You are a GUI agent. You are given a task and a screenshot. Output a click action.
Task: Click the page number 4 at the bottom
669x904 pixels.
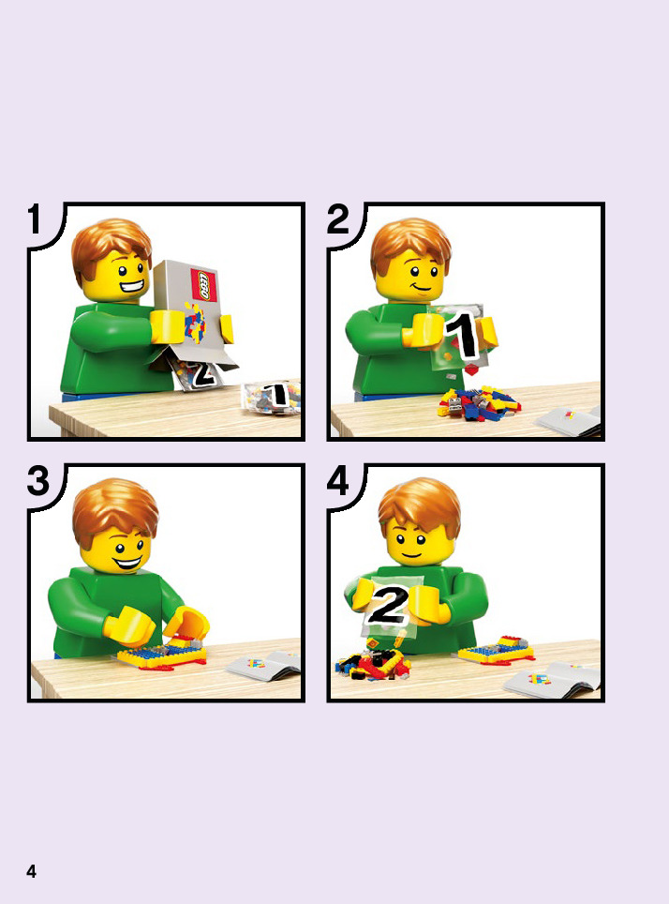[31, 870]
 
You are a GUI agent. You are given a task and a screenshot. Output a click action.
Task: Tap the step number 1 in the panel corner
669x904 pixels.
[35, 219]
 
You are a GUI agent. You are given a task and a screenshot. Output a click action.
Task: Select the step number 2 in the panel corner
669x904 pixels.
[337, 219]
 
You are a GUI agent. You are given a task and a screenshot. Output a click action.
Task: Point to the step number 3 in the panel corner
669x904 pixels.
[38, 481]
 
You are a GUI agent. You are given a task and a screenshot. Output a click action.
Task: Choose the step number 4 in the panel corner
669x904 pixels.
[337, 481]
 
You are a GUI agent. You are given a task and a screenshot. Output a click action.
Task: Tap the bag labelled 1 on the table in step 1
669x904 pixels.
[271, 397]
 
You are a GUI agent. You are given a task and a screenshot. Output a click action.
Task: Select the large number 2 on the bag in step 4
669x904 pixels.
[387, 606]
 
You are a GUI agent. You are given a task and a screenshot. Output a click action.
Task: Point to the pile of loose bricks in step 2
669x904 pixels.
[478, 402]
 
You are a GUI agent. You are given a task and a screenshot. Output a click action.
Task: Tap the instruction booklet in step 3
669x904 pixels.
[264, 665]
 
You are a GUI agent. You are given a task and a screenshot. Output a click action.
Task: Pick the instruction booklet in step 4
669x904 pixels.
[551, 679]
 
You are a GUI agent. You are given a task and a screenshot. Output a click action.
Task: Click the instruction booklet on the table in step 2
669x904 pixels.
[570, 421]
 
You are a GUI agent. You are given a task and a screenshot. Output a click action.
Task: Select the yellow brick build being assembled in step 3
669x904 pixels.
[161, 652]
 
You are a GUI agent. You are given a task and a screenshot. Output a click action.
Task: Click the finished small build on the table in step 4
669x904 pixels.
[497, 650]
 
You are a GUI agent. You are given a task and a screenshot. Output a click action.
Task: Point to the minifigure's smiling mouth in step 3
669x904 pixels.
[126, 562]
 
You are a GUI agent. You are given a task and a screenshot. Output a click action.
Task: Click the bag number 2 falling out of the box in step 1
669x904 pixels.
[199, 372]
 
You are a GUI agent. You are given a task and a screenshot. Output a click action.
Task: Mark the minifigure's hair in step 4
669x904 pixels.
[420, 505]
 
